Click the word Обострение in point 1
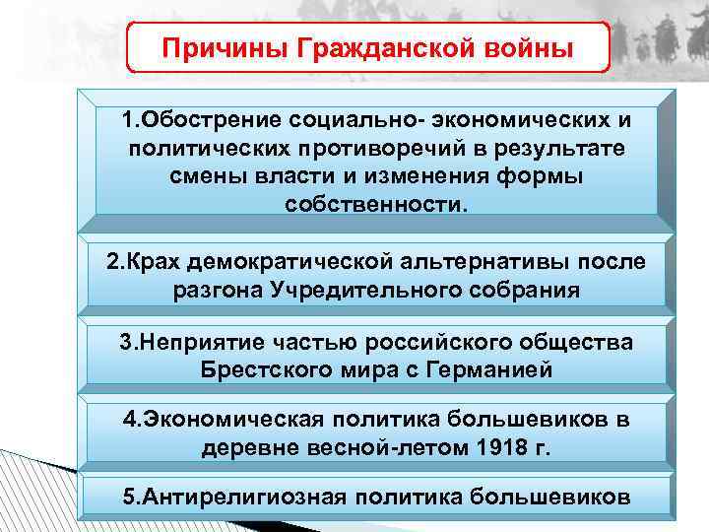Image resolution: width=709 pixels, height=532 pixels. pos(206,120)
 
